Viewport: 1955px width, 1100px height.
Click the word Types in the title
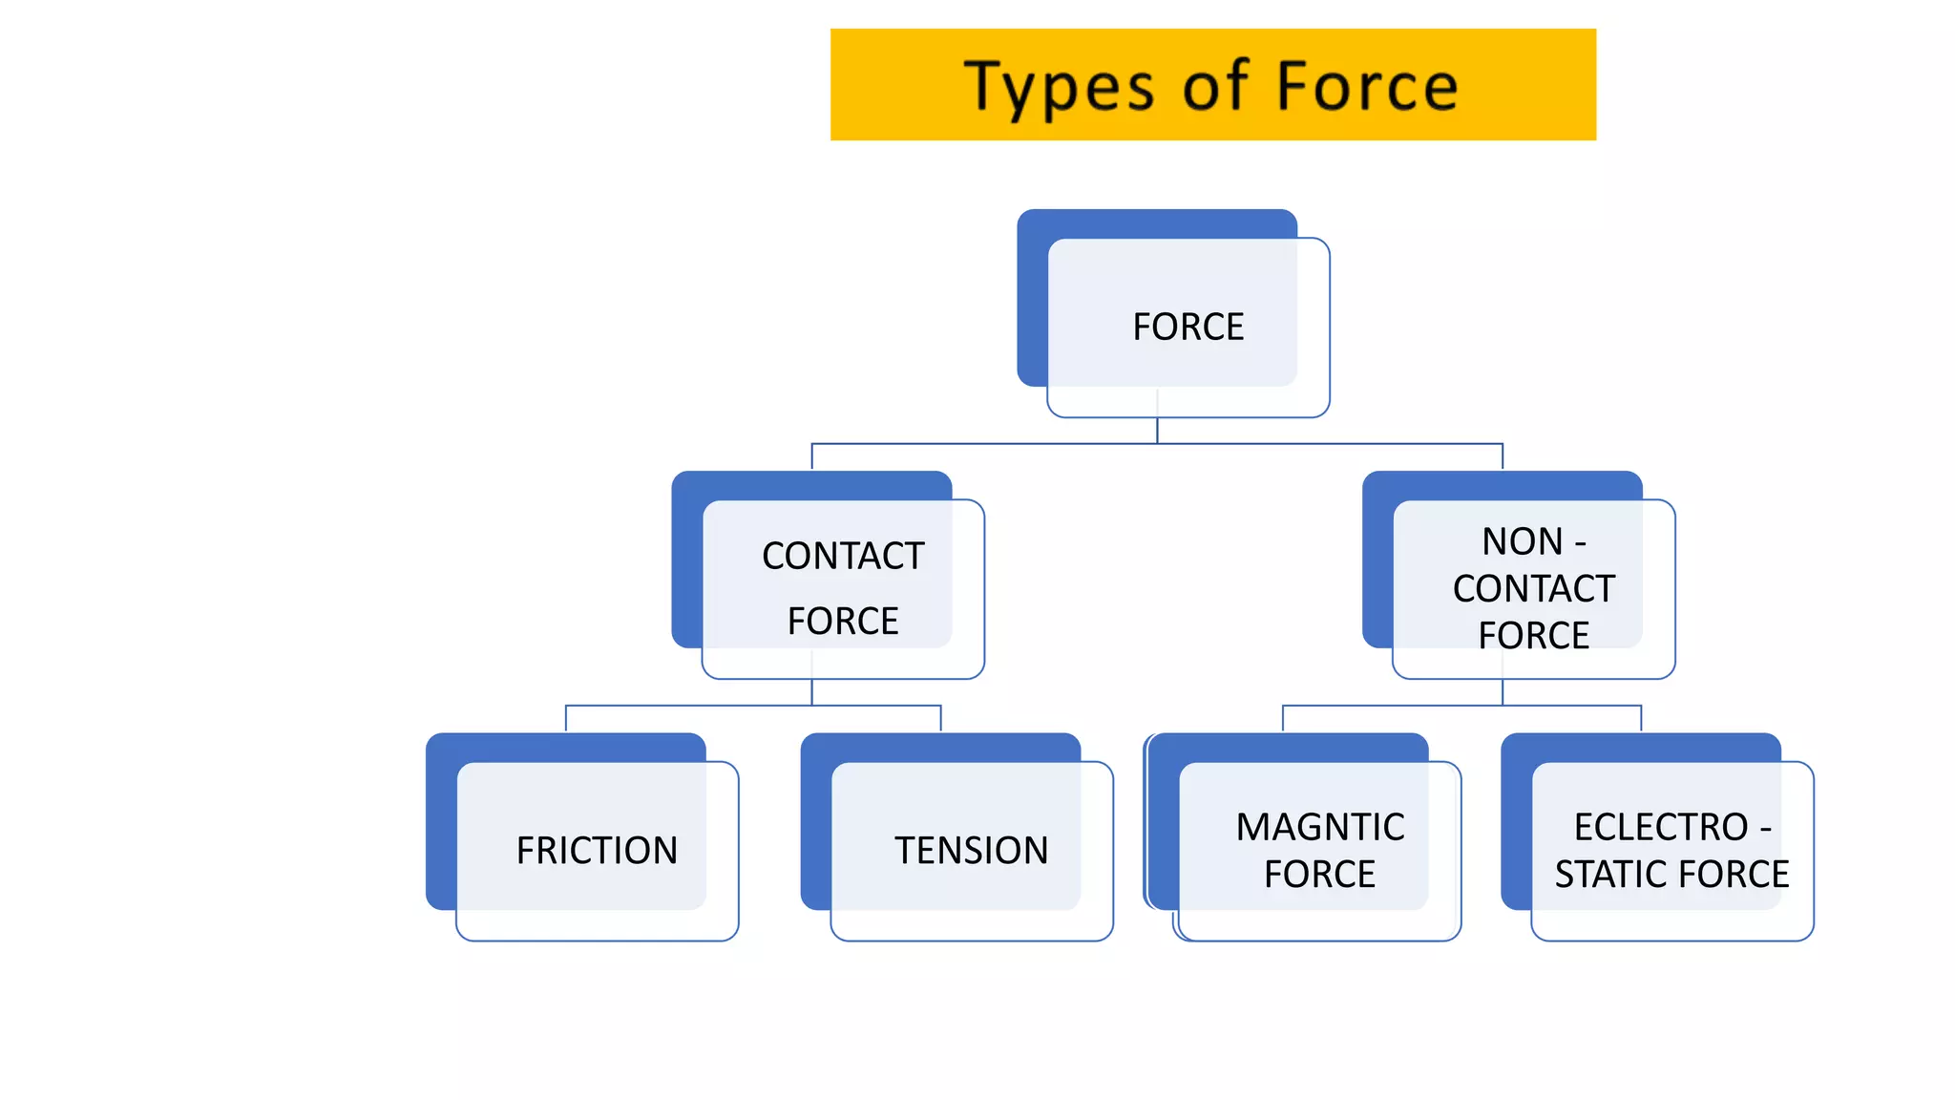tap(1060, 88)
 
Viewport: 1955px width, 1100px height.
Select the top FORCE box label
tap(1188, 328)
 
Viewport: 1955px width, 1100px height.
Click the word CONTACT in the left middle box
tap(843, 556)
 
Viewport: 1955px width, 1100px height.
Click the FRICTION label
tap(597, 851)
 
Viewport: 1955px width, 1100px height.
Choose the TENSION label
tap(971, 851)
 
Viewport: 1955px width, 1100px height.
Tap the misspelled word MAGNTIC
tap(1319, 827)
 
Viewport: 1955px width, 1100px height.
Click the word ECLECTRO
tap(1660, 827)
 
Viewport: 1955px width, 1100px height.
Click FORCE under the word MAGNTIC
tap(1319, 875)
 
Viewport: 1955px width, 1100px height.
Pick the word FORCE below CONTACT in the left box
tap(843, 622)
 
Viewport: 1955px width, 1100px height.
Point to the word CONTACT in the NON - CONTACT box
tap(1533, 589)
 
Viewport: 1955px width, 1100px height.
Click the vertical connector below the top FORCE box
tap(1157, 430)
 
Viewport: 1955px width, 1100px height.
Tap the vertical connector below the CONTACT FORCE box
tap(812, 692)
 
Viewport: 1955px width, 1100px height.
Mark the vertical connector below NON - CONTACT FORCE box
tap(1503, 692)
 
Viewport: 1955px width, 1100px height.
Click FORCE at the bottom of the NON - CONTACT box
tap(1533, 636)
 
